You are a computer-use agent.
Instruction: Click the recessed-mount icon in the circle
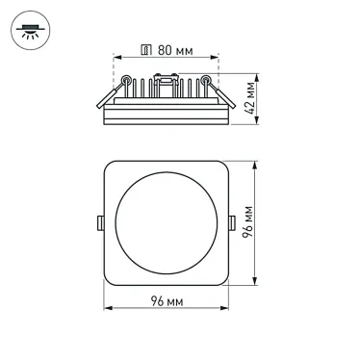[x=27, y=27]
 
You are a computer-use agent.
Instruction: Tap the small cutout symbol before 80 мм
[x=145, y=49]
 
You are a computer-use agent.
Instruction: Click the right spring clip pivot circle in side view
[x=206, y=80]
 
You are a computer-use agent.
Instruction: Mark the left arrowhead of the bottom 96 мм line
[x=106, y=307]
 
